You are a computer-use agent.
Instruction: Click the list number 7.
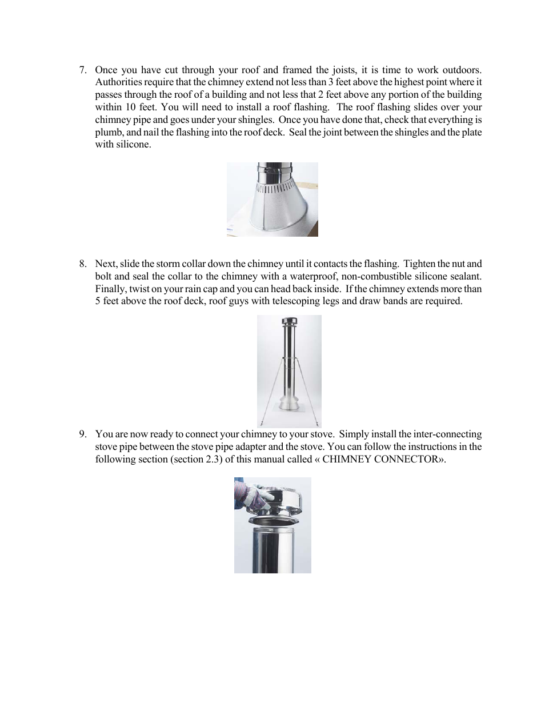pos(82,70)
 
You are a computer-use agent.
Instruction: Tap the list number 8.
pos(82,264)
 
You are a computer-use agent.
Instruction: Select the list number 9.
pos(82,434)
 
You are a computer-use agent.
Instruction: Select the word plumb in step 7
pos(108,133)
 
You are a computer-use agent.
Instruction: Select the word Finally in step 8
pos(111,289)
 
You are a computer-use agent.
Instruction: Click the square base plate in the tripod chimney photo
pos(289,409)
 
